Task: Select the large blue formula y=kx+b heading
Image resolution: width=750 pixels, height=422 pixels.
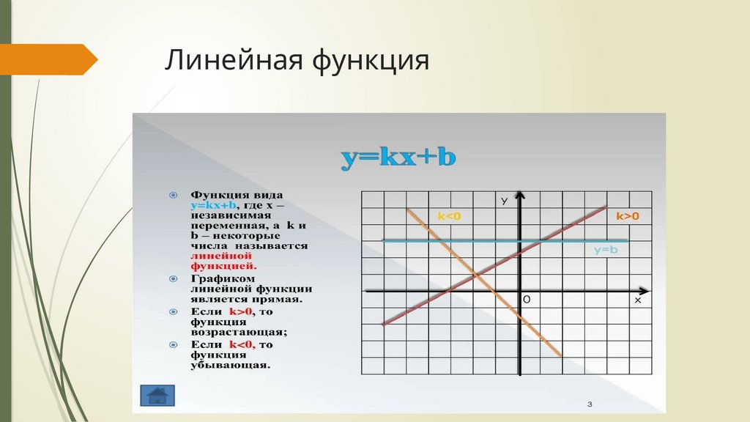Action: coord(398,158)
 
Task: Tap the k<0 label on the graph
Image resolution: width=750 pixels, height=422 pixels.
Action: coord(449,215)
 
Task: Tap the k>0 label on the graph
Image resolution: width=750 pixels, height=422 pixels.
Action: coord(627,215)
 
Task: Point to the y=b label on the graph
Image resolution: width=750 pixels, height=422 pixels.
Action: coord(606,251)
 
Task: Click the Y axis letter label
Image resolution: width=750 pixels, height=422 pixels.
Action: coord(505,200)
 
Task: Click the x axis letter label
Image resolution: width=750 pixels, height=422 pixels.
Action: coord(637,300)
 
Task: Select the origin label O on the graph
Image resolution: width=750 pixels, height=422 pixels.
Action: coord(526,300)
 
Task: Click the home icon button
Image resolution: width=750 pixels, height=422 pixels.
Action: coord(157,395)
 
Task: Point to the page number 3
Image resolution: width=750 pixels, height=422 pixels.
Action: coord(589,404)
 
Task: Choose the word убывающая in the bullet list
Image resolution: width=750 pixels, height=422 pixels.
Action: coord(231,364)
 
